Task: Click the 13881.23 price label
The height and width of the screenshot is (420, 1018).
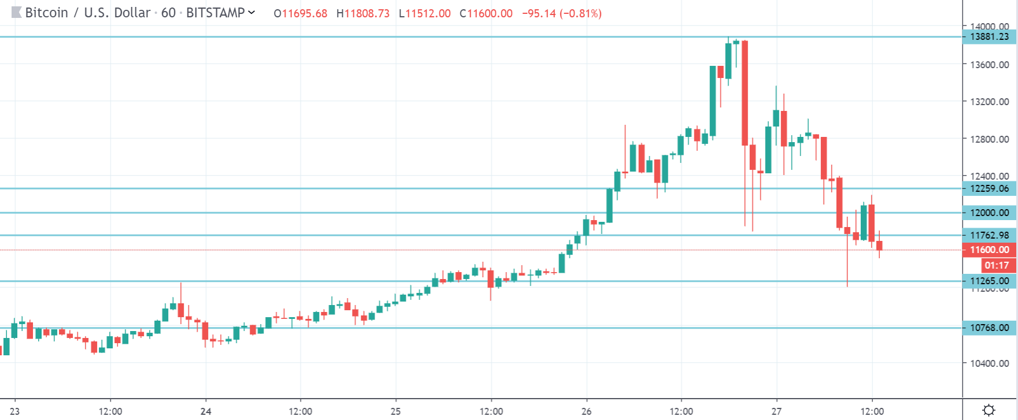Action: pyautogui.click(x=989, y=37)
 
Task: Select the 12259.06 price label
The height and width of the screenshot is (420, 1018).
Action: pyautogui.click(x=989, y=188)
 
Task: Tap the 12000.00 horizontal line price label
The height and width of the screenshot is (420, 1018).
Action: pyautogui.click(x=989, y=213)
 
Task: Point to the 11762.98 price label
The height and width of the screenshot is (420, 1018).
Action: pyautogui.click(x=989, y=235)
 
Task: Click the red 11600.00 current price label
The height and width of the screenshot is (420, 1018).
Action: pyautogui.click(x=989, y=250)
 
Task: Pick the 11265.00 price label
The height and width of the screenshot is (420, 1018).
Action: pyautogui.click(x=989, y=281)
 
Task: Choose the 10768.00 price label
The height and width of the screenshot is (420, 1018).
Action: pyautogui.click(x=989, y=328)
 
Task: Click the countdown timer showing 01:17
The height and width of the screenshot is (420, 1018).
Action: pyautogui.click(x=997, y=265)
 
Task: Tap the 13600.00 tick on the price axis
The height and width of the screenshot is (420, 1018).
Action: pyautogui.click(x=989, y=65)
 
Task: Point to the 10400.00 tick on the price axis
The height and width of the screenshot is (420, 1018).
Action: pyautogui.click(x=989, y=363)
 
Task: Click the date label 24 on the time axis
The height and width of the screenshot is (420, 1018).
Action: pyautogui.click(x=206, y=411)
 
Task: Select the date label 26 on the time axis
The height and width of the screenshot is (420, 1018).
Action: pyautogui.click(x=586, y=411)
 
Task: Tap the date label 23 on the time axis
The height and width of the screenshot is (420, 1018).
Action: pyautogui.click(x=14, y=411)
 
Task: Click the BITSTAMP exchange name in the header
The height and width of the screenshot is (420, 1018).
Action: pyautogui.click(x=215, y=13)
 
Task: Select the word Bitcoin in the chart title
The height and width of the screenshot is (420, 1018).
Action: pyautogui.click(x=46, y=13)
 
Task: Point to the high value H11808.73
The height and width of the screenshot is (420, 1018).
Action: pyautogui.click(x=363, y=13)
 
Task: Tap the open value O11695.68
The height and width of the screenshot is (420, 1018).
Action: pyautogui.click(x=301, y=13)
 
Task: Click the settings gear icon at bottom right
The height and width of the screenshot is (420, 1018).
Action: pyautogui.click(x=989, y=410)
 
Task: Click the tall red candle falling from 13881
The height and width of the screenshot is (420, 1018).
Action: pyautogui.click(x=745, y=92)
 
